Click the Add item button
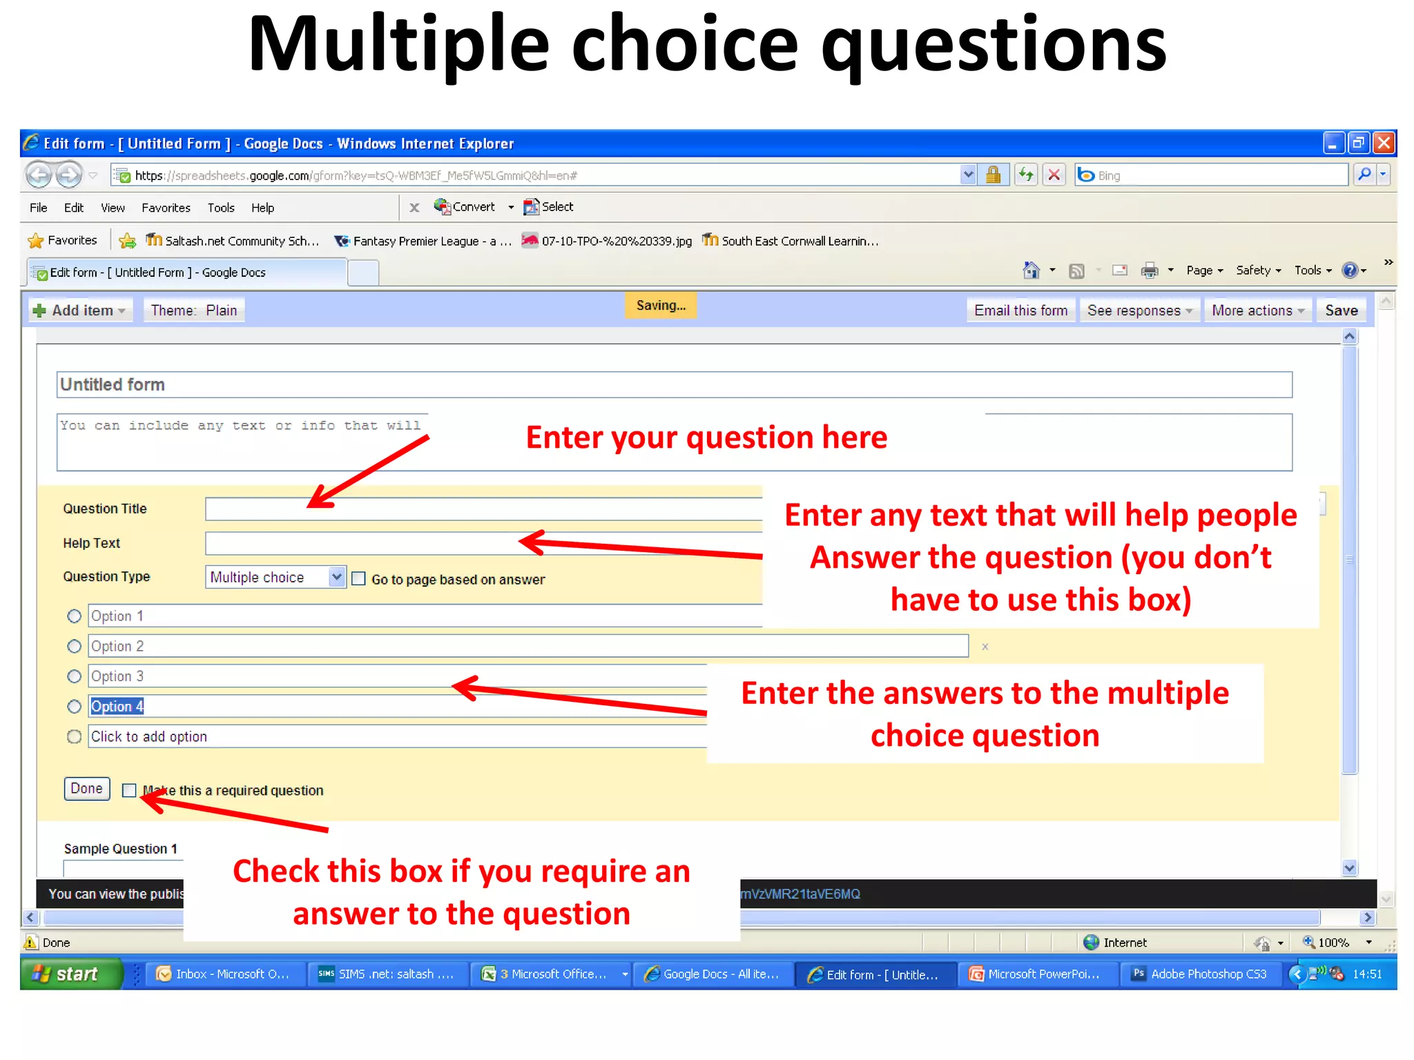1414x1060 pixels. [79, 311]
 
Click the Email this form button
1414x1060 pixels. [1020, 311]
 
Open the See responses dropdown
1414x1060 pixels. [1139, 311]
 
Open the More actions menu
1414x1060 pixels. [1257, 311]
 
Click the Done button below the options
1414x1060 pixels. [87, 788]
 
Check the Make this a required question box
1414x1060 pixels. [129, 790]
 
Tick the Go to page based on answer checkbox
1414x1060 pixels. [358, 578]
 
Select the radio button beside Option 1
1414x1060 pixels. [74, 616]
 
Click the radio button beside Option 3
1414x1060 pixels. [74, 676]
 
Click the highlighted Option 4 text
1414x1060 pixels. [117, 706]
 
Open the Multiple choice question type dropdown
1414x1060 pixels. [336, 576]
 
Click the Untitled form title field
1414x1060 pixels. [674, 384]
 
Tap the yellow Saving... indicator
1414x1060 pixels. [661, 305]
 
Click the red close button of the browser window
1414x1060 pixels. [1383, 143]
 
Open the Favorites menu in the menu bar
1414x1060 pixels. [166, 208]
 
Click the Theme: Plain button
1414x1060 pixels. [194, 311]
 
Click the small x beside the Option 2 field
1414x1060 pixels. [985, 647]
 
